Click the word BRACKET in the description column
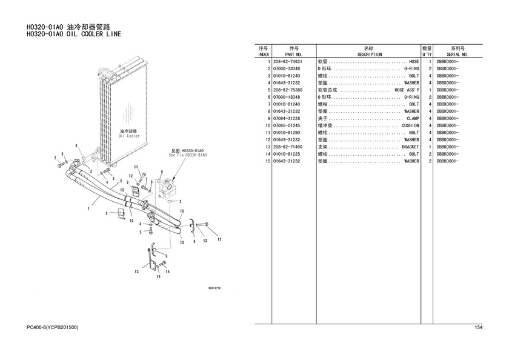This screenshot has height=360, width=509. tap(410, 147)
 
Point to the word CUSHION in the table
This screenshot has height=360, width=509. tap(410, 125)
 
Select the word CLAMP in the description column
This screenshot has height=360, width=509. tap(412, 118)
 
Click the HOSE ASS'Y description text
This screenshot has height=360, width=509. tap(407, 90)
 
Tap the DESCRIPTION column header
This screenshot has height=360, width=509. tap(369, 54)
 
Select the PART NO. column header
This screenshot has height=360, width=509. tap(294, 54)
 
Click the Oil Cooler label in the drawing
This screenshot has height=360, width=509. tap(128, 136)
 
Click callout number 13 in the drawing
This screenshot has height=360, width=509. tap(137, 272)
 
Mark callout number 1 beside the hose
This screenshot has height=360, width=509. tap(88, 209)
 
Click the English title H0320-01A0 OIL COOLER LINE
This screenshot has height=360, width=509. tap(73, 35)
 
